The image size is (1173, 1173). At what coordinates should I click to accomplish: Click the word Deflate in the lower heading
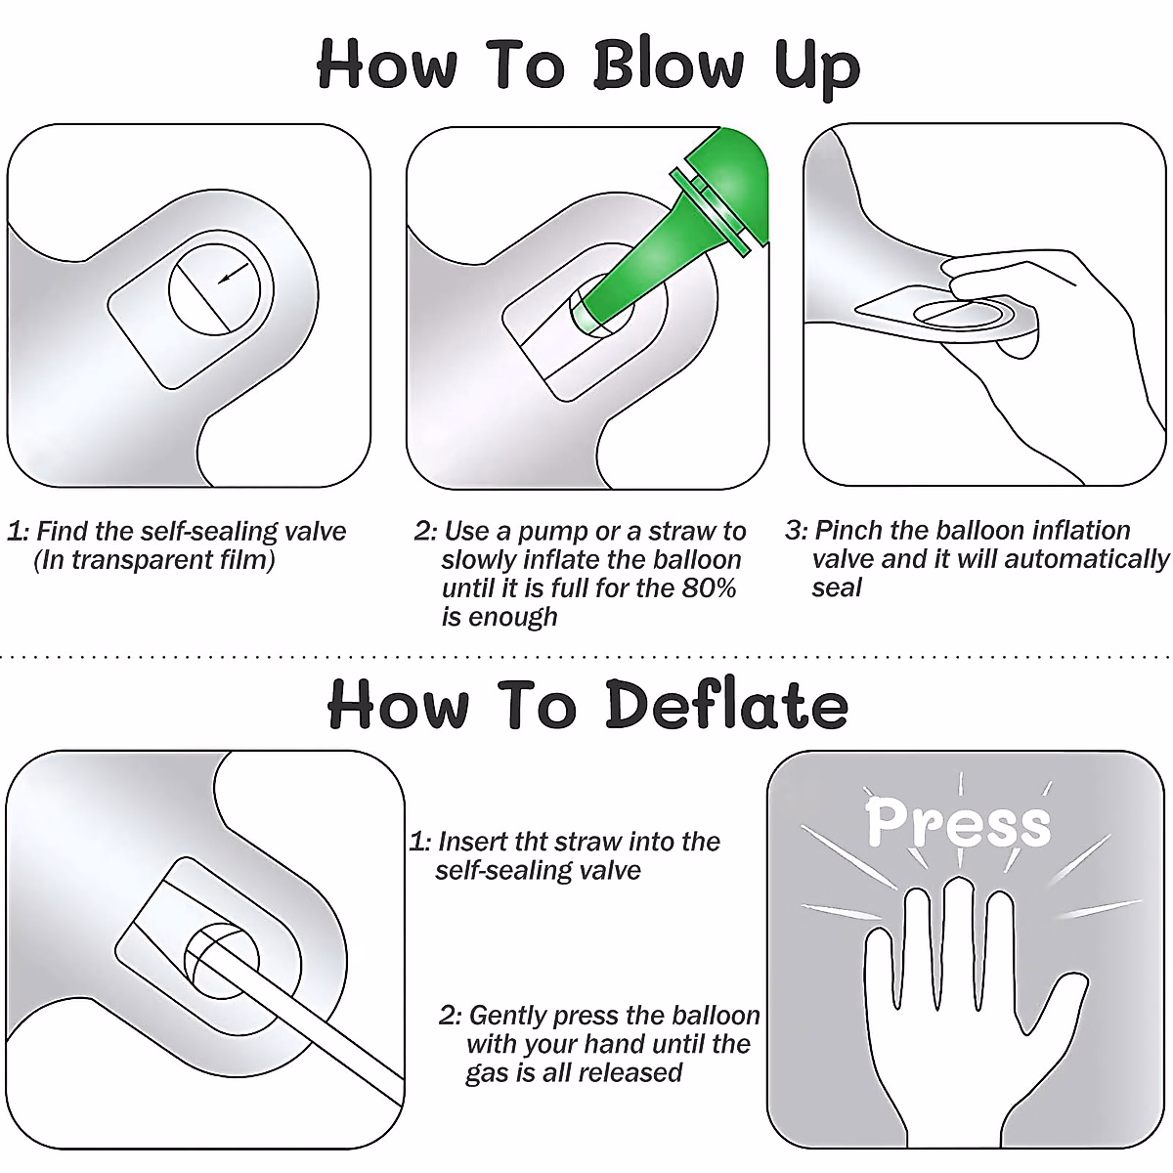727,705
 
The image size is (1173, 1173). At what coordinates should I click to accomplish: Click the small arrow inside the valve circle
234,273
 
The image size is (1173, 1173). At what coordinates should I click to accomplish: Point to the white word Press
958,823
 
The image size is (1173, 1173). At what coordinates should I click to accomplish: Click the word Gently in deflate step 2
507,1016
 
